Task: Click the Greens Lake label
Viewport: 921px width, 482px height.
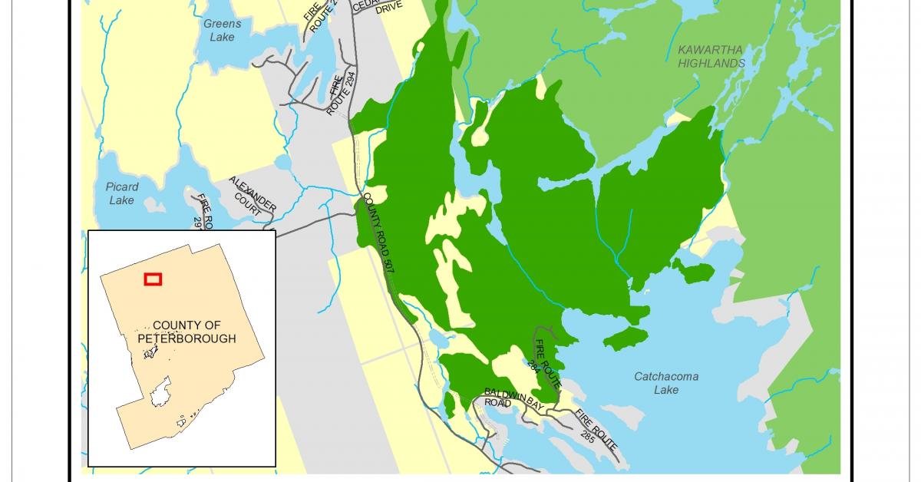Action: click(222, 30)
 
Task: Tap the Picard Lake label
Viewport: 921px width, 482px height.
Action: click(122, 193)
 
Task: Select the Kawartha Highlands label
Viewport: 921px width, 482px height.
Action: click(711, 57)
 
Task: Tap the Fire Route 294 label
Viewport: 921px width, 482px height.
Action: click(338, 94)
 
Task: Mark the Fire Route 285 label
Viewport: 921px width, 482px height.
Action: click(596, 430)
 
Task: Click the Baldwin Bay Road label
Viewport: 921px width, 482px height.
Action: click(499, 397)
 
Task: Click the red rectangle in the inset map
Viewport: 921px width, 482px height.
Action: click(153, 279)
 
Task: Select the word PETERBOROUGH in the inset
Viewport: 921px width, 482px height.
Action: click(187, 338)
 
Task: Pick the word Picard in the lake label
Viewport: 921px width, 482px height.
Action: click(122, 187)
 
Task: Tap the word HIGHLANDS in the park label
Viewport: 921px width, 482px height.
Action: click(711, 64)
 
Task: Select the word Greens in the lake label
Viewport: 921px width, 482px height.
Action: click(222, 24)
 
